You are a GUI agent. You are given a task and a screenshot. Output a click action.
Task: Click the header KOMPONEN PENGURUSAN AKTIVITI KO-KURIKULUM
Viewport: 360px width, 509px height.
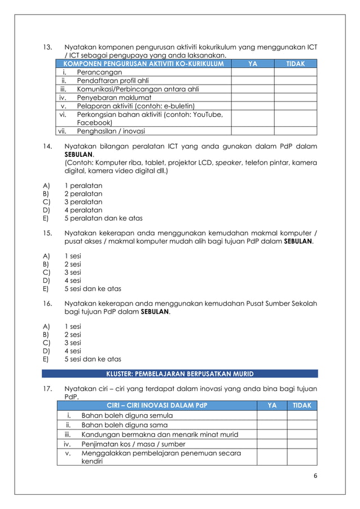pos(142,64)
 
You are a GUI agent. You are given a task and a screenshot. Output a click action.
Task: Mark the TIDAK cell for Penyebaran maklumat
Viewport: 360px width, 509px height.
pos(296,96)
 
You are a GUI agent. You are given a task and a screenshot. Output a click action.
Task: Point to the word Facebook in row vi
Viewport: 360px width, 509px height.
pos(94,122)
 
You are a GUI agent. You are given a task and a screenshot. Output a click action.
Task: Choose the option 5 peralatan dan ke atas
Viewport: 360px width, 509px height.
pos(103,218)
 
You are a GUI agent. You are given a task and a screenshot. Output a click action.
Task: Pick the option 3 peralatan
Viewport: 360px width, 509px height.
pos(84,201)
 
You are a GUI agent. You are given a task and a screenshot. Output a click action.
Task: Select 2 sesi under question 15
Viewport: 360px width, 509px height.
pos(72,264)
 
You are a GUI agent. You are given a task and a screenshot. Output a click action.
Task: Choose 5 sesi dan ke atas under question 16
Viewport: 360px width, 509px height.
pos(93,358)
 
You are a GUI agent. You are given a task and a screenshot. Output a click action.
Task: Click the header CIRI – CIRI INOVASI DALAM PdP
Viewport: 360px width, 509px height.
pos(157,406)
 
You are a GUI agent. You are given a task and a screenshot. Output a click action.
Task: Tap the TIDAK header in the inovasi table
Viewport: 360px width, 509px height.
pos(302,406)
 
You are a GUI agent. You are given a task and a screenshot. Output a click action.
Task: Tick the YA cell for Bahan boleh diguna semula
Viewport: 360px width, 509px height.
pos(272,416)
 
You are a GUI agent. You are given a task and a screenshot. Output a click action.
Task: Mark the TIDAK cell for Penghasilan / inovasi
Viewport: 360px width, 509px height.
pos(296,131)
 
